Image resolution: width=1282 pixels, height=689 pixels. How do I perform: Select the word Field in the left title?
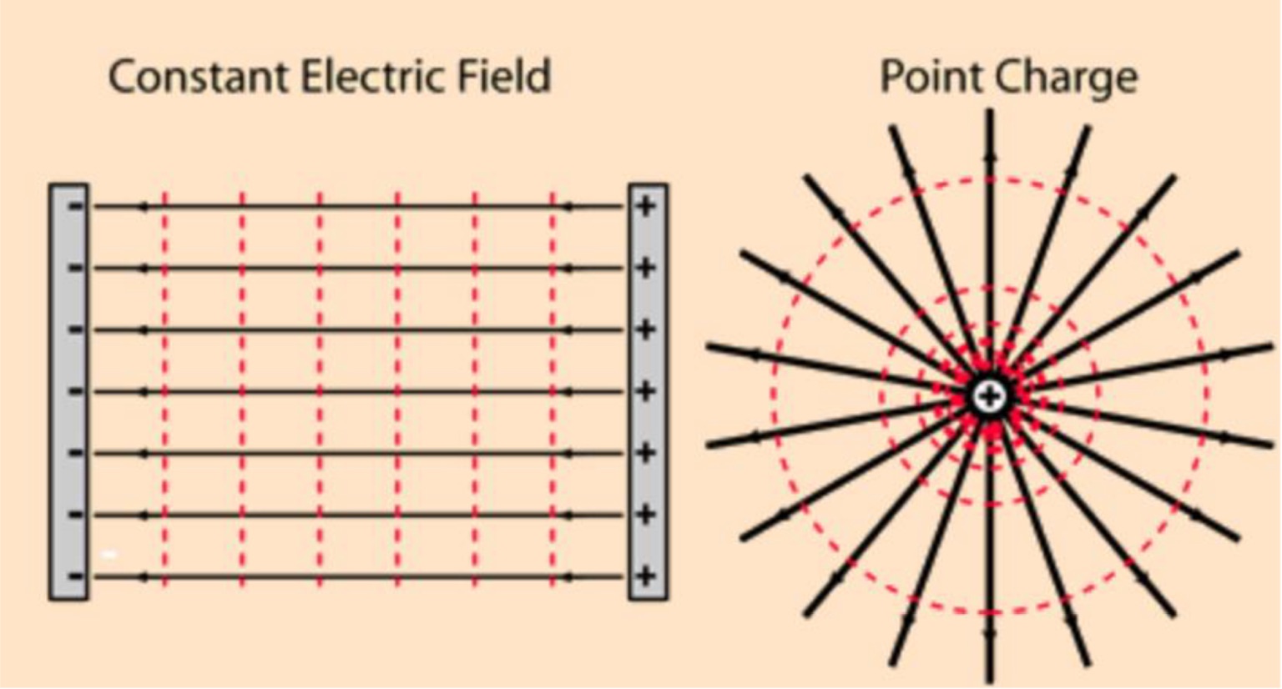coord(504,77)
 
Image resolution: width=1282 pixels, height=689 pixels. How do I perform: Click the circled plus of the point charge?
coord(990,396)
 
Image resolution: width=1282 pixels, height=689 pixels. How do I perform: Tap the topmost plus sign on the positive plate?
coord(645,205)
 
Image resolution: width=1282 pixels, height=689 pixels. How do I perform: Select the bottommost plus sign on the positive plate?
coord(645,576)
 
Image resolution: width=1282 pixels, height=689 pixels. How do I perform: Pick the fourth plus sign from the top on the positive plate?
coord(645,390)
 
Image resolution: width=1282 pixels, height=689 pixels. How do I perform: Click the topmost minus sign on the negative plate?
coord(75,205)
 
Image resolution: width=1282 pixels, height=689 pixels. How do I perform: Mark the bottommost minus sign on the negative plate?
coord(75,576)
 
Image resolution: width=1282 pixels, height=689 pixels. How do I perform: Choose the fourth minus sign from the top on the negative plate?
coord(75,390)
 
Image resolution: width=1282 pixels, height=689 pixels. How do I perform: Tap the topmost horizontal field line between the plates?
coord(359,206)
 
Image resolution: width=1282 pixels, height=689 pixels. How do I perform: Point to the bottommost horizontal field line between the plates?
coord(359,576)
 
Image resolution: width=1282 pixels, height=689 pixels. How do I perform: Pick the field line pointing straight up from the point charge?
coord(990,209)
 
